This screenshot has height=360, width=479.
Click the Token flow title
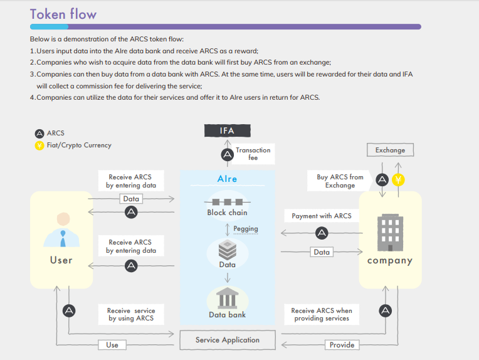[63, 14]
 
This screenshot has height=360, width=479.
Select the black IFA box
[228, 130]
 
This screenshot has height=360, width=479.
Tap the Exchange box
[390, 150]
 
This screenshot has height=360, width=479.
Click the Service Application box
[228, 340]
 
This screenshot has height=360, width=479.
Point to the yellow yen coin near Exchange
[398, 180]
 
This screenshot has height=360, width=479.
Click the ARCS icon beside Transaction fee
[228, 155]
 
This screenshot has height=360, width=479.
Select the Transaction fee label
[253, 154]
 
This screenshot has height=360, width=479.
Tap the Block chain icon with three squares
[228, 202]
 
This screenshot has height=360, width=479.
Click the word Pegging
[246, 229]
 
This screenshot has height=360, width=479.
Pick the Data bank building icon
[228, 298]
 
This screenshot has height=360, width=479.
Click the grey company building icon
[390, 232]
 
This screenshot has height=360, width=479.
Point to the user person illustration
[61, 230]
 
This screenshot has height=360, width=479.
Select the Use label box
[112, 345]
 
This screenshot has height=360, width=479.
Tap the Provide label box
[342, 345]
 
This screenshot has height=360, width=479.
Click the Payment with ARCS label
[322, 216]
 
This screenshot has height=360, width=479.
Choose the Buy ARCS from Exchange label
[340, 181]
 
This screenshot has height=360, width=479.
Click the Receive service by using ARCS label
[131, 314]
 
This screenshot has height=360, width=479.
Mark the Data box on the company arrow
[322, 252]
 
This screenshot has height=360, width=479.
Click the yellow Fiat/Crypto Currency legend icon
[39, 146]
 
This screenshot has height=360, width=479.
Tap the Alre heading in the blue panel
[228, 179]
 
